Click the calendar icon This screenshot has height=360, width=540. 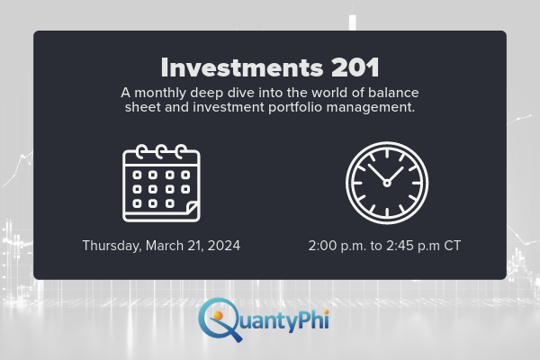point(161,183)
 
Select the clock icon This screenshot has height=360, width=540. point(387,183)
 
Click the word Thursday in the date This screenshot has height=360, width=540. point(111,245)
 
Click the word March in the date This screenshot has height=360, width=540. point(166,245)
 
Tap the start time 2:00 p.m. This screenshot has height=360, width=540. point(334,245)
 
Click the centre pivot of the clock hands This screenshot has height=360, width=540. point(387,183)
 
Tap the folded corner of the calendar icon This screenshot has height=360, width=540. point(191,211)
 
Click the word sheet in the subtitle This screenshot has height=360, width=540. point(140,108)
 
